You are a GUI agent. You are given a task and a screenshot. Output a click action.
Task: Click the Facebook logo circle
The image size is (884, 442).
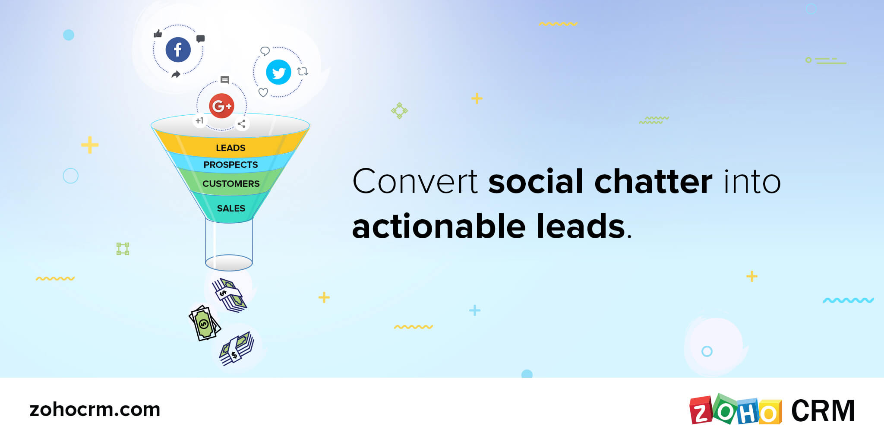(x=178, y=50)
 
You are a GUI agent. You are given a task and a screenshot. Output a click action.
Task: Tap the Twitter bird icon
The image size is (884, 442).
(x=278, y=72)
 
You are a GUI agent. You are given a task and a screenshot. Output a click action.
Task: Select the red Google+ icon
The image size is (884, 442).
(x=221, y=106)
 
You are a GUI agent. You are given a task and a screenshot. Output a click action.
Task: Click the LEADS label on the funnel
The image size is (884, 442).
(x=230, y=148)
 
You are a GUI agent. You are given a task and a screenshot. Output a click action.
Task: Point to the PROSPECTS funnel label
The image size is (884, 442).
(x=230, y=165)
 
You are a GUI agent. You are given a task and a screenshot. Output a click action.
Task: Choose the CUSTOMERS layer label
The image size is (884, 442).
(x=231, y=184)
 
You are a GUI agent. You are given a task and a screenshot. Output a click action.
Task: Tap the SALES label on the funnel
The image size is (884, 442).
(x=231, y=208)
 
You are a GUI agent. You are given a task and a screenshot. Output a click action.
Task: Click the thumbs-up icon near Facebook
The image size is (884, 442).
(x=158, y=33)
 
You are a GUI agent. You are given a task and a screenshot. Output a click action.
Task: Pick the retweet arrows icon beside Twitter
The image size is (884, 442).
(x=303, y=71)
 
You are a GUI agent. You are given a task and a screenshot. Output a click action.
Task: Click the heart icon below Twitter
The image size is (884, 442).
(x=263, y=92)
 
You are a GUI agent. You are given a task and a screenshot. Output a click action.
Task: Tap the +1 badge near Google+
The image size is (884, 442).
(x=199, y=121)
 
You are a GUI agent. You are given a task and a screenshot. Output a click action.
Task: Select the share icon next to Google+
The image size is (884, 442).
(x=242, y=124)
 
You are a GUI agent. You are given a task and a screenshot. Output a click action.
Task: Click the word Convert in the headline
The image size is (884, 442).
(x=415, y=181)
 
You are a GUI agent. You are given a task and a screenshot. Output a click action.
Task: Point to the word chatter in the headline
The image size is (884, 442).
(x=653, y=181)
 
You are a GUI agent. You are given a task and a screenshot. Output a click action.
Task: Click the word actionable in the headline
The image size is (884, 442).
(x=439, y=226)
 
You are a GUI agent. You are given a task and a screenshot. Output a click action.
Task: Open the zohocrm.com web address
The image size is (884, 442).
(x=95, y=410)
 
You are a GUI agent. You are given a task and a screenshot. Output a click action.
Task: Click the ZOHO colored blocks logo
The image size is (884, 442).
(x=736, y=410)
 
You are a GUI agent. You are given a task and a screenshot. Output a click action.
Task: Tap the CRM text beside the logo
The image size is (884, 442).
(x=823, y=410)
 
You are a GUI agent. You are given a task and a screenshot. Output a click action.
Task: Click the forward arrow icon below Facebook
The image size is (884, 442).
(x=176, y=74)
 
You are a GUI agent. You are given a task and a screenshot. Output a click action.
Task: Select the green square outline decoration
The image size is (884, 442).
(x=123, y=249)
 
